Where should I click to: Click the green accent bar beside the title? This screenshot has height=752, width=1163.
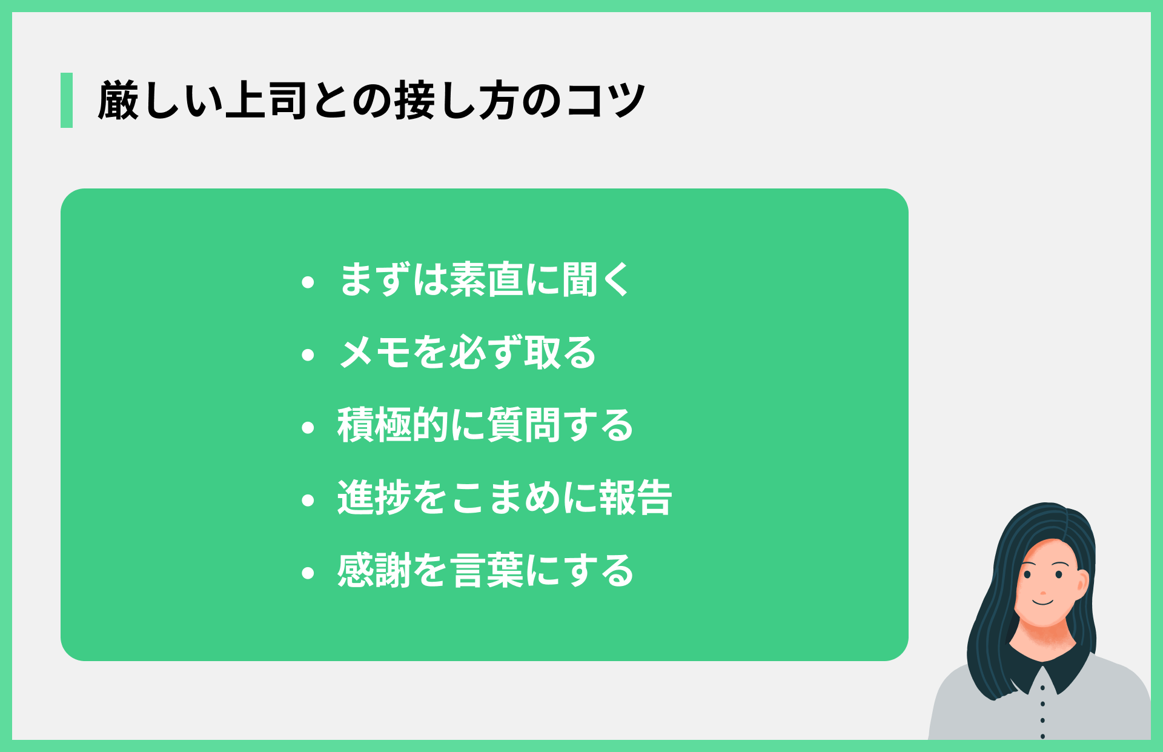pyautogui.click(x=67, y=100)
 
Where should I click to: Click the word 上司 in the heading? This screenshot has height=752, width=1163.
pyautogui.click(x=267, y=101)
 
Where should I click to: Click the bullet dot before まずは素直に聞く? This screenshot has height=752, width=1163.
pyautogui.click(x=308, y=282)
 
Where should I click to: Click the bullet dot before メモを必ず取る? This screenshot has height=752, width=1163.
pyautogui.click(x=308, y=354)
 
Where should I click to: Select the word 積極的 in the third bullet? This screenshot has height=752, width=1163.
pyautogui.click(x=393, y=425)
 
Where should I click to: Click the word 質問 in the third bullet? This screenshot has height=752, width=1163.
pyautogui.click(x=523, y=425)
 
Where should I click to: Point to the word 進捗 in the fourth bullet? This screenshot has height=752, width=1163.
pyautogui.click(x=374, y=498)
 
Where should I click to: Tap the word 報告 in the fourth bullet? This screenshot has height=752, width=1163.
pyautogui.click(x=635, y=498)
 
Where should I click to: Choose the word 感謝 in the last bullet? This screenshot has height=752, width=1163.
pyautogui.click(x=374, y=571)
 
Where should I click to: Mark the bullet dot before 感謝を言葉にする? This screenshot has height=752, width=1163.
pyautogui.click(x=308, y=573)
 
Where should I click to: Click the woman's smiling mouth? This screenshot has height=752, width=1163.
pyautogui.click(x=1043, y=602)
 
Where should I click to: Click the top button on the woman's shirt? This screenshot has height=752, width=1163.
pyautogui.click(x=1042, y=688)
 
